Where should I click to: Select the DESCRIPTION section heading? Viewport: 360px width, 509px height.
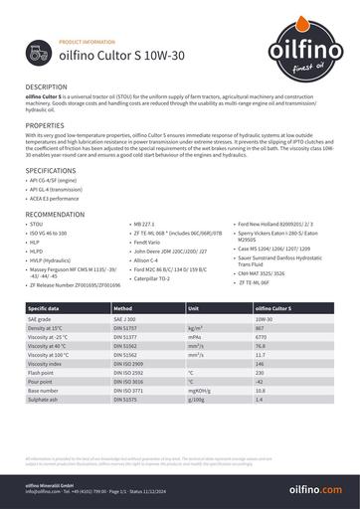47,87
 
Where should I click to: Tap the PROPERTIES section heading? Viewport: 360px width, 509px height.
45,126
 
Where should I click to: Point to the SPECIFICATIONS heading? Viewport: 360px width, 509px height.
51,171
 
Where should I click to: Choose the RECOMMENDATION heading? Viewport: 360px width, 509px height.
55,214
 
